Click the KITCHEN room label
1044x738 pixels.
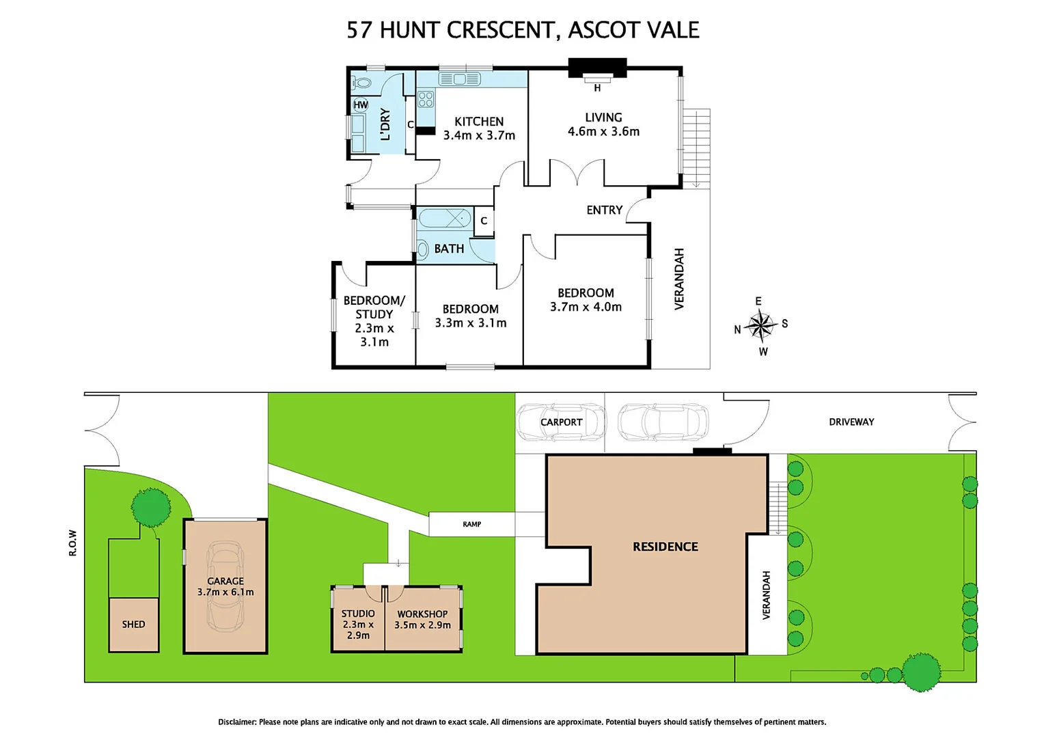coord(478,122)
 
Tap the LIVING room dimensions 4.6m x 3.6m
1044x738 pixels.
coord(603,132)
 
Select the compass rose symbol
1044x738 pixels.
coord(760,325)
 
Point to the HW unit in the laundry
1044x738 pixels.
coord(361,105)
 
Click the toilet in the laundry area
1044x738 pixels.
coord(361,83)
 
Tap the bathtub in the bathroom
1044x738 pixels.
coord(444,219)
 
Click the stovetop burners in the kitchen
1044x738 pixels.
coord(426,99)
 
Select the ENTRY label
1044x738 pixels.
coord(604,210)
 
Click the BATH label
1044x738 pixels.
coord(449,249)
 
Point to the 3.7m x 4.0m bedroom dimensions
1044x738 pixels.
coord(586,307)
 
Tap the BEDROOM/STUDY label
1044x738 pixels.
coord(374,307)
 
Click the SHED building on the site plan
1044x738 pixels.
coord(134,625)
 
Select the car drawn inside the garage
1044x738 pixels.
coord(225,586)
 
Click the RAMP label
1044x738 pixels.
coord(471,525)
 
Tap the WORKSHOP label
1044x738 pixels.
coord(422,614)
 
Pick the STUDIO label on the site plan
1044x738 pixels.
coord(358,614)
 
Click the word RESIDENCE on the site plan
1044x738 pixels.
coord(665,547)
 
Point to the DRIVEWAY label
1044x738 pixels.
coord(851,422)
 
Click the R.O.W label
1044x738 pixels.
coord(72,543)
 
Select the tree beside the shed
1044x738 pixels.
coord(151,507)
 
